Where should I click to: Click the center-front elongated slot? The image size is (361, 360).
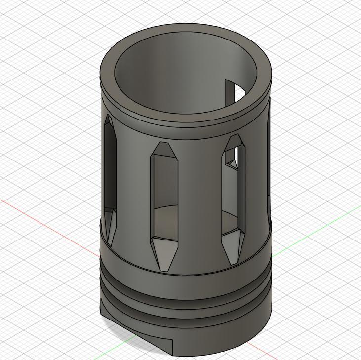164,198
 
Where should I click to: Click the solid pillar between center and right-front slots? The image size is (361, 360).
200,198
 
